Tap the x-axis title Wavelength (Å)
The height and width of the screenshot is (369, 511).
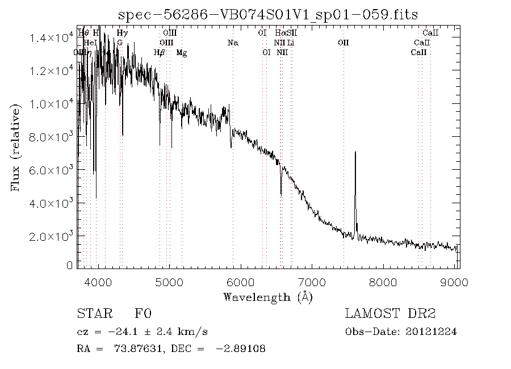click(x=268, y=297)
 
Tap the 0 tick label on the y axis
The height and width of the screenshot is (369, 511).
click(x=70, y=265)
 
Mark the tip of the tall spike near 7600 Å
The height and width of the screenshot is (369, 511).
click(x=355, y=152)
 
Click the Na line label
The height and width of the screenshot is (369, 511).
click(x=232, y=43)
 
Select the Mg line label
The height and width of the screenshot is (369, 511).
click(x=182, y=52)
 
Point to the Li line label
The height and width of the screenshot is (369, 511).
click(x=290, y=43)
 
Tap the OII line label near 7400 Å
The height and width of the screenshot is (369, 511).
click(x=343, y=43)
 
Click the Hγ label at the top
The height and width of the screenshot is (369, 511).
click(x=122, y=33)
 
